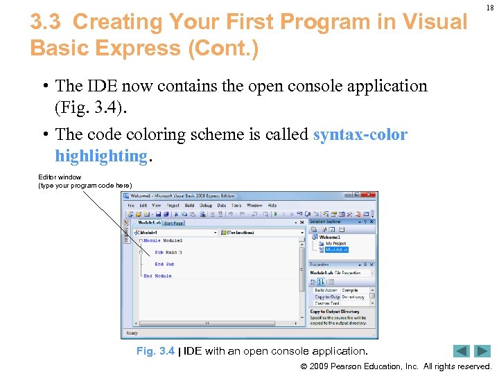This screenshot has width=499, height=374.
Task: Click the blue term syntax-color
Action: pos(360,134)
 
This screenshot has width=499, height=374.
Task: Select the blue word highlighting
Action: pos(100,156)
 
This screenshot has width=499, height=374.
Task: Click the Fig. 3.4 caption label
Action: pos(155,352)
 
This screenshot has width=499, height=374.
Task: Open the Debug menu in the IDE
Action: pos(206,206)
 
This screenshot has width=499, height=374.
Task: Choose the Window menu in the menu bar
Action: pos(254,206)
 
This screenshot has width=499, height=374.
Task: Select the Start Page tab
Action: pos(174,223)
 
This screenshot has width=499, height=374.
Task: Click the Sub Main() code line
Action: pos(168,252)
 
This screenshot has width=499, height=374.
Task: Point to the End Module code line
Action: pos(157,276)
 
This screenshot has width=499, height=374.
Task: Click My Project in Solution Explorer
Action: pos(336,243)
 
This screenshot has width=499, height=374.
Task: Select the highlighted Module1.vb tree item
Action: pos(336,249)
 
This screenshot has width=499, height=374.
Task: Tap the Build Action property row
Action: pos(327,290)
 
